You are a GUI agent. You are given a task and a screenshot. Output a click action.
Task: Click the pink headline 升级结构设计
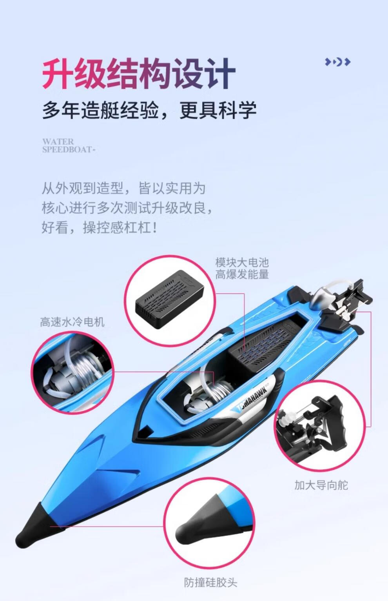139,74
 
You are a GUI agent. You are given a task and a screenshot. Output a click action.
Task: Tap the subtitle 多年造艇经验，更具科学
149,110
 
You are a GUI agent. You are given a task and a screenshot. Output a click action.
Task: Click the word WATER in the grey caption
58,142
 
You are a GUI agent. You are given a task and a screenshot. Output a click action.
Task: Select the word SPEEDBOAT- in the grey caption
69,149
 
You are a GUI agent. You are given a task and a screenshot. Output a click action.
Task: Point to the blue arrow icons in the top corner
337,62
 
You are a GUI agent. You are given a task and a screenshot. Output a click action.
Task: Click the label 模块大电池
242,262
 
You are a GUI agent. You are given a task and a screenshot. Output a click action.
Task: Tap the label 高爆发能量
242,274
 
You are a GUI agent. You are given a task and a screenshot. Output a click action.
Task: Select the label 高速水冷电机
72,322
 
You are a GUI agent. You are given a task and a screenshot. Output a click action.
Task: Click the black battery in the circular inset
169,299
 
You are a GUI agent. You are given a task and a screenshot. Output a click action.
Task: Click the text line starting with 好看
99,228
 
